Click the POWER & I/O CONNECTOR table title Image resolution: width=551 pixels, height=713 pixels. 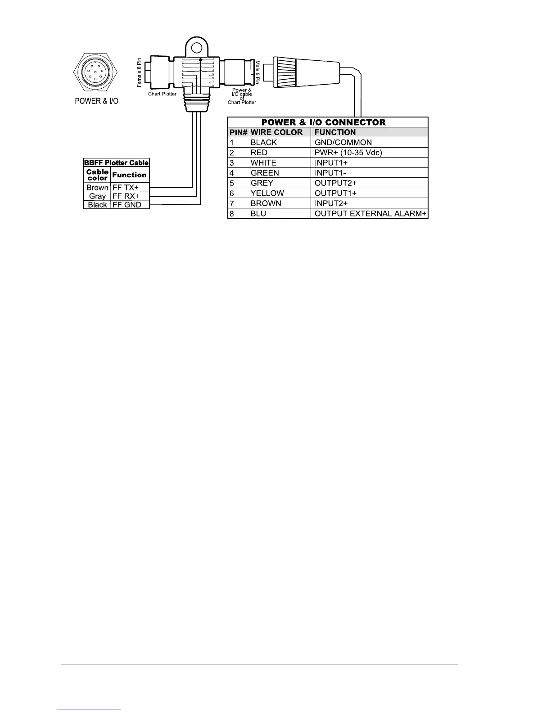pos(324,122)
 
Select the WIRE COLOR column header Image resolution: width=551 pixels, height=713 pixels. pos(276,132)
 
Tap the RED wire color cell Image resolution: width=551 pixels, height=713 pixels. pos(259,153)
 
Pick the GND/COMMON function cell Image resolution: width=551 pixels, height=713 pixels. pos(343,143)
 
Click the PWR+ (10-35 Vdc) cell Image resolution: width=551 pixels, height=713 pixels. pos(348,153)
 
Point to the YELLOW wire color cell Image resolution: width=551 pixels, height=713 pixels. pos(267,193)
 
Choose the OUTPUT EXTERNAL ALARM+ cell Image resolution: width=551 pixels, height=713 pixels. pos(370,213)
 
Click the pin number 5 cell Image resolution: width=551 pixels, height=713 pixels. pos(232,183)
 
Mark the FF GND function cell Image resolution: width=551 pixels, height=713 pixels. pos(126,205)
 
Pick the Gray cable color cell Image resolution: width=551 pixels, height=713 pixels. pos(97,196)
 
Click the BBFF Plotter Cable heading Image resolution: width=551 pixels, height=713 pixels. pos(116,163)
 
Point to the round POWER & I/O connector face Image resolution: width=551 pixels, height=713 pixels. pos(96,72)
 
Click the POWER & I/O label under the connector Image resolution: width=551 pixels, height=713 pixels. pos(96,101)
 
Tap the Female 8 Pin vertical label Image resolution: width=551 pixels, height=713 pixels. pos(140,72)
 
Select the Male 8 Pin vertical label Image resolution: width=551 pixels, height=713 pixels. pos(258,72)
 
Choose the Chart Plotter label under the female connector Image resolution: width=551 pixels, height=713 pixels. pos(162,94)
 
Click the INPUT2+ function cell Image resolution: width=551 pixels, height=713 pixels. pos(331,203)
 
